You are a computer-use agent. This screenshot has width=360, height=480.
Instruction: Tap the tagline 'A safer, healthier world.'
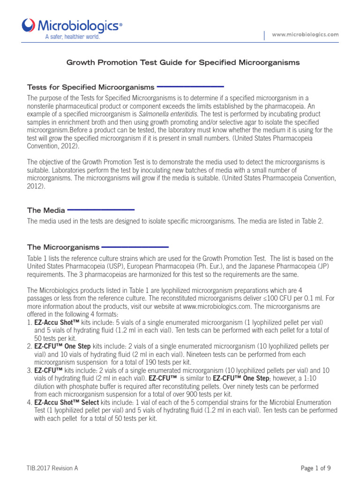pyautogui.click(x=72, y=37)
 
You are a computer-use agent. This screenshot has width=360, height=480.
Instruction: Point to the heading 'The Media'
pyautogui.click(x=46, y=210)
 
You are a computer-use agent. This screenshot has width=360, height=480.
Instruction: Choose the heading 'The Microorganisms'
pyautogui.click(x=63, y=247)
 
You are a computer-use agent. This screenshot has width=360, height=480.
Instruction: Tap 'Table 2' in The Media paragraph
pyautogui.click(x=311, y=221)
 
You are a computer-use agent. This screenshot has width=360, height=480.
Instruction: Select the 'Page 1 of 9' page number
pyautogui.click(x=316, y=468)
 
